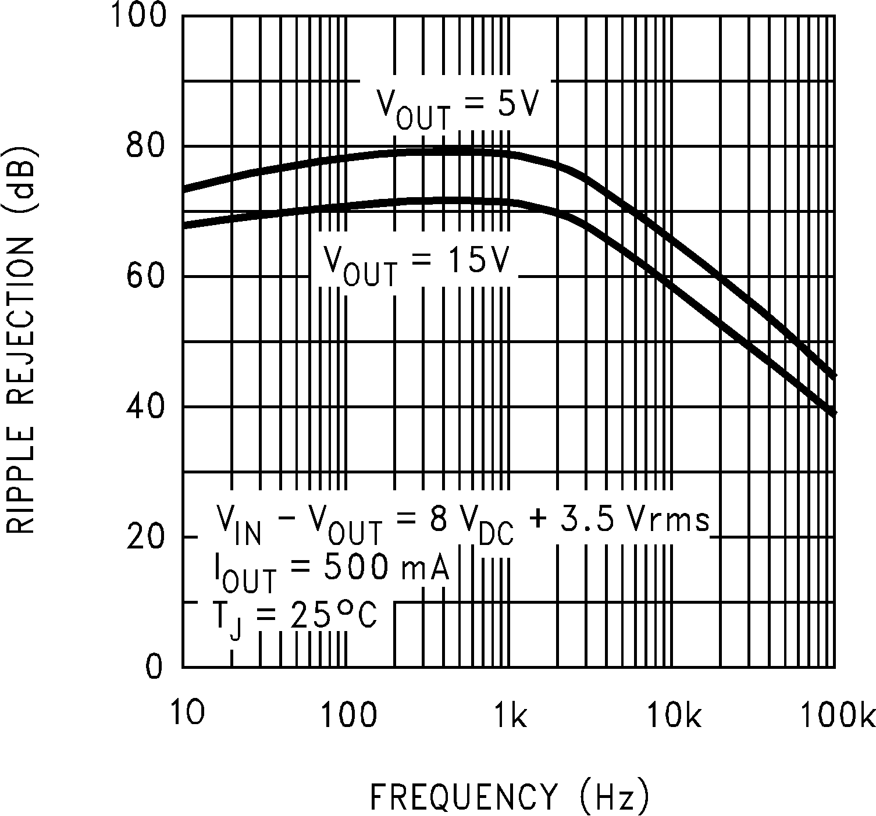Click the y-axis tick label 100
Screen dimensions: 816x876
point(137,16)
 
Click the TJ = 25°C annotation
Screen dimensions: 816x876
point(295,617)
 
